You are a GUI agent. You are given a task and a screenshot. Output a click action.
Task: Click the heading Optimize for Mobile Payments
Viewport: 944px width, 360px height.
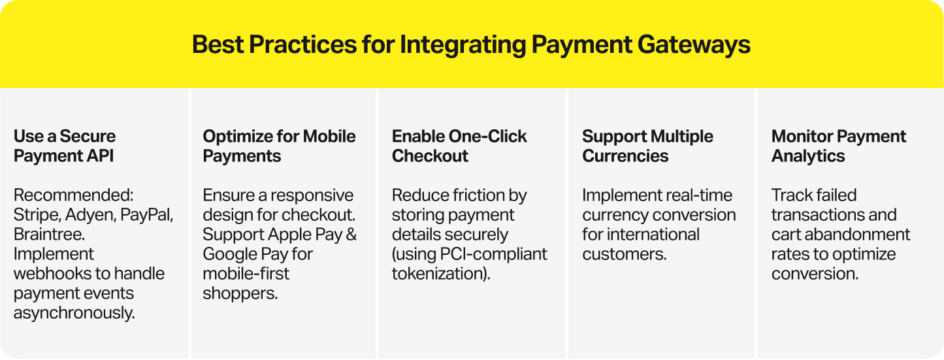point(279,146)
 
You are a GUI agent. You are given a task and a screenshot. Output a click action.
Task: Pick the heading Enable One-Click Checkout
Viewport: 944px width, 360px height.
point(459,146)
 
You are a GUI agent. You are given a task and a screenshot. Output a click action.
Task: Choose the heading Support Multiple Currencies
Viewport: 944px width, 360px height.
point(647,146)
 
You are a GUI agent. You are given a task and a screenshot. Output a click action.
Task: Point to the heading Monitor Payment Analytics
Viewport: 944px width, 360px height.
point(838,146)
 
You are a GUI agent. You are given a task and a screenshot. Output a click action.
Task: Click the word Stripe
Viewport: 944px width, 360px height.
point(33,215)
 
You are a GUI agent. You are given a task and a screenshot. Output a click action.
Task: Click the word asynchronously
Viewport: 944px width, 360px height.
point(74,313)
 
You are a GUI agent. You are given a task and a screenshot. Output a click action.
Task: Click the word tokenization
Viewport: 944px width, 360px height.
point(438,274)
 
